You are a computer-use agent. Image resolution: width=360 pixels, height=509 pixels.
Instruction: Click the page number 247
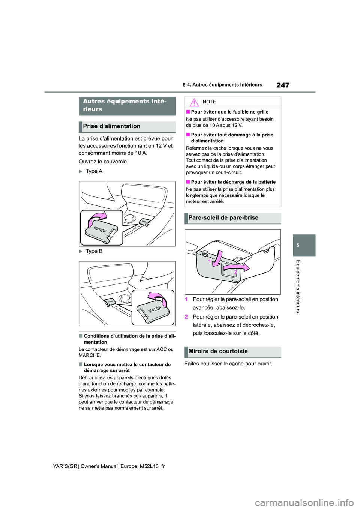(283, 85)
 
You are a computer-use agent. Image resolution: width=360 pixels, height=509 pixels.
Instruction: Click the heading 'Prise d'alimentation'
(112, 127)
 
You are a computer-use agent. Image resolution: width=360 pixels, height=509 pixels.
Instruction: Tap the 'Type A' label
(94, 171)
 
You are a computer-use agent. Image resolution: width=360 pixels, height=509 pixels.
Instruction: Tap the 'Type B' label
(94, 251)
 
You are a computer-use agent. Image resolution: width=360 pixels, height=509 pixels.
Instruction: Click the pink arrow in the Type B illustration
(157, 298)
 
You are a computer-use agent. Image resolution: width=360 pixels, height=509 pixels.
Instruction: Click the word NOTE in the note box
(209, 102)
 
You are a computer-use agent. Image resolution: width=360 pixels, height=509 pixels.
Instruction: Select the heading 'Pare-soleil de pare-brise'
(223, 218)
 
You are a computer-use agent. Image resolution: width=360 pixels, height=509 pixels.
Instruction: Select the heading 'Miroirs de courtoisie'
(218, 352)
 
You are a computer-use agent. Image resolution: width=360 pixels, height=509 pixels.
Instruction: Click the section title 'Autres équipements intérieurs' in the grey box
(125, 105)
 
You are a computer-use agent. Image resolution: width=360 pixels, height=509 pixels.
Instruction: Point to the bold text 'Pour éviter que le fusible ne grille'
(229, 112)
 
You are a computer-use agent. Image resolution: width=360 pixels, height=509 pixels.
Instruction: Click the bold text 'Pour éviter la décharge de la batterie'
(233, 182)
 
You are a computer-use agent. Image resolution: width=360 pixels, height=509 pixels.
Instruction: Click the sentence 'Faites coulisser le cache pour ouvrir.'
(228, 364)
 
